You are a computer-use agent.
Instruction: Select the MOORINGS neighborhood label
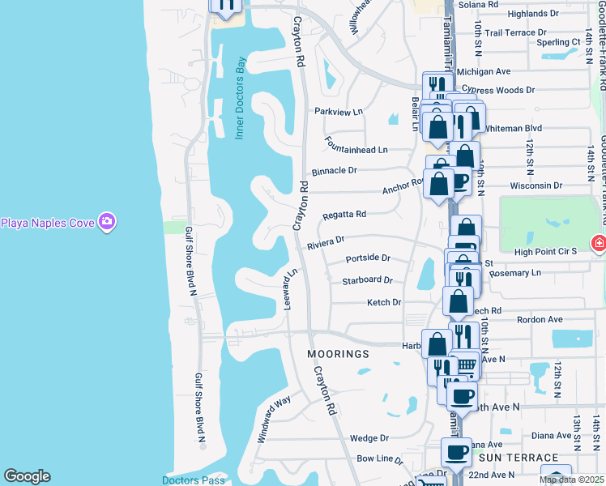[x=338, y=355]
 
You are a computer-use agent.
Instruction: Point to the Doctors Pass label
[x=193, y=480]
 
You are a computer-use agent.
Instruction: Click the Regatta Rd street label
[x=344, y=215]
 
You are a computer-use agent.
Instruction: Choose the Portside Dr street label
[x=368, y=258]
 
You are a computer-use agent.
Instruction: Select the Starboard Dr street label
[x=367, y=280]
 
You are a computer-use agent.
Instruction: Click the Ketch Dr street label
[x=384, y=302]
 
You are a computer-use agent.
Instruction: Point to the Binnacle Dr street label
[x=334, y=171]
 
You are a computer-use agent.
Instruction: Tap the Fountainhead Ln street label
[x=356, y=150]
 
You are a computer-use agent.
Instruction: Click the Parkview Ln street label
[x=339, y=112]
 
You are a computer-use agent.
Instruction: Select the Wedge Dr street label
[x=369, y=438]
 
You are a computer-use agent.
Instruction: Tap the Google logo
[x=27, y=476]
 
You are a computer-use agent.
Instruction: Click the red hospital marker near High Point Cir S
[x=599, y=242]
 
